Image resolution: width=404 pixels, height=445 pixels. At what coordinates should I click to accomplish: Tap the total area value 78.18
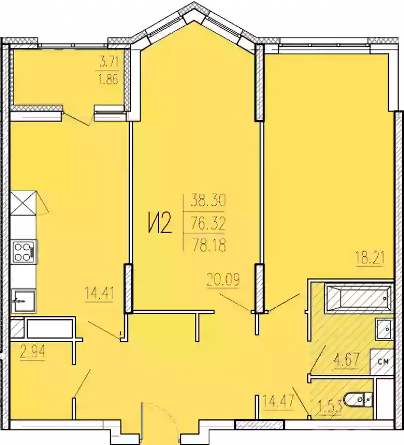pos(209,245)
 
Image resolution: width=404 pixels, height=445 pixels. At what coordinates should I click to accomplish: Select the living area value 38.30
pos(208,200)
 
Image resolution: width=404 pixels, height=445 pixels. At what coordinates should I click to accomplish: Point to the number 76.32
pos(208,223)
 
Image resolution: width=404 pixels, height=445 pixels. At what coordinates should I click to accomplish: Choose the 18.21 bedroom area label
pos(370,258)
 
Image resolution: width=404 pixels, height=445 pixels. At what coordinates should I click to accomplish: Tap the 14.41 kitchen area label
pos(99,293)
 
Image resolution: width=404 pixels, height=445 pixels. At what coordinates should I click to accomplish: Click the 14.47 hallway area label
pos(278,401)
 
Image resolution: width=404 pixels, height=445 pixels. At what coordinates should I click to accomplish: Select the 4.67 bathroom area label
pos(347,360)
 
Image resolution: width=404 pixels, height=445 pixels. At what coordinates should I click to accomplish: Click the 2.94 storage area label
pos(32,353)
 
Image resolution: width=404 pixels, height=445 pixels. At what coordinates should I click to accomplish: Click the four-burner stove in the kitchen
pos(24,252)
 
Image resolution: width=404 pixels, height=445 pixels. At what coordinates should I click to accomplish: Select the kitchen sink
pos(24,301)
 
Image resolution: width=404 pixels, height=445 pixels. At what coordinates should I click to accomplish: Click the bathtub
pos(359,298)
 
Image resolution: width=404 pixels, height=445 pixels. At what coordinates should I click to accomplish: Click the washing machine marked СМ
pos(382,362)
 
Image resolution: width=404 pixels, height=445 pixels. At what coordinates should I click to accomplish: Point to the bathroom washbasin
pos(384,329)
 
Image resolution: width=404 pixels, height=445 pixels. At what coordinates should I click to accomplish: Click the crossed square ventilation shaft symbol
pos(24,203)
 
